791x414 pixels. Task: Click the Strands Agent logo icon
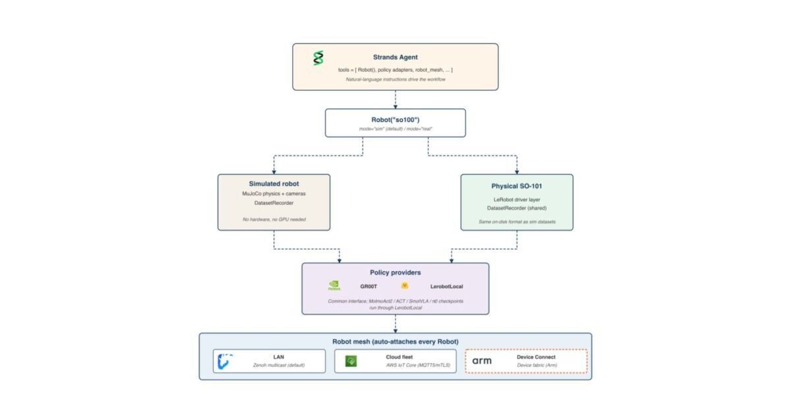318,58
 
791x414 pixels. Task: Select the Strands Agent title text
395,57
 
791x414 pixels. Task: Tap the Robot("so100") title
395,120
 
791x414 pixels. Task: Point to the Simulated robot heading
274,184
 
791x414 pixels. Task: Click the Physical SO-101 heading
517,186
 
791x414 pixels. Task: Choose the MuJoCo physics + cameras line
274,194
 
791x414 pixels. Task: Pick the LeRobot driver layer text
517,200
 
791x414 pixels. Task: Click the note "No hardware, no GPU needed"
274,220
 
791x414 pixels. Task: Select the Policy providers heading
395,272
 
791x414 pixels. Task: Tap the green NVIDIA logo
334,285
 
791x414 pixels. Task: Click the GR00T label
368,287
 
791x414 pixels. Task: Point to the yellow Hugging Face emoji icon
405,285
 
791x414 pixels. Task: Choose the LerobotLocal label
446,287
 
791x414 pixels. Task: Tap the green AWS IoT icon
351,361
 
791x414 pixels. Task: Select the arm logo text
482,361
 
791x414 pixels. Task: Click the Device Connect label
536,357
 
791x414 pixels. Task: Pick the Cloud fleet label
399,357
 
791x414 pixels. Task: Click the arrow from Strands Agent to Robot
395,100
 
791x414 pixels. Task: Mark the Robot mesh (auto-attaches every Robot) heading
395,341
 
